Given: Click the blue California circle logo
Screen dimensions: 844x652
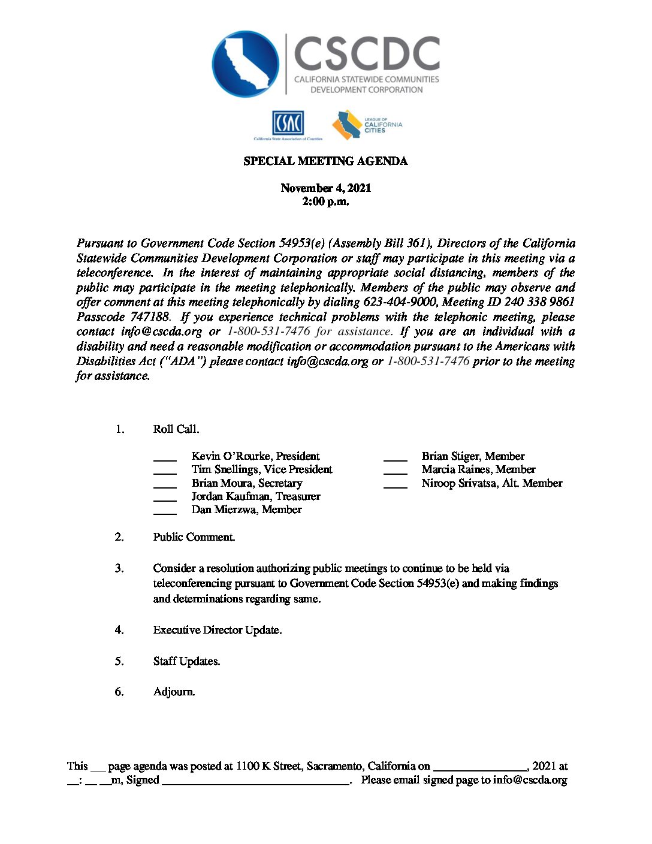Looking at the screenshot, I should pos(246,64).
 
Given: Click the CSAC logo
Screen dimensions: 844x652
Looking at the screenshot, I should pos(288,124).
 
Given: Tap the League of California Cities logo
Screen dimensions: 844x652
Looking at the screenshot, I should pos(367,125).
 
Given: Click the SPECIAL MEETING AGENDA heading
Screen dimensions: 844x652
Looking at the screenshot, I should pos(325,161).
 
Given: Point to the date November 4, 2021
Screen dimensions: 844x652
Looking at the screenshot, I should pos(325,188).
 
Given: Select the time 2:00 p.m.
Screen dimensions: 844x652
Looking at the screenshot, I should pos(325,202).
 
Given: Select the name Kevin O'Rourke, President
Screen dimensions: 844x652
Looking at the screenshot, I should pos(255,456).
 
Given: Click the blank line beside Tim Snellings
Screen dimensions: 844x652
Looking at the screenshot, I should pos(165,473).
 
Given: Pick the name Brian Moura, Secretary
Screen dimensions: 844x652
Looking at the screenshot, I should pos(246,483).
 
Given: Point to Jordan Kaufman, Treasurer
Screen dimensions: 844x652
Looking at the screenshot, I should pos(255,496).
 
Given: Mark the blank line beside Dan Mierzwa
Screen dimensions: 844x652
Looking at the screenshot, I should pos(165,513).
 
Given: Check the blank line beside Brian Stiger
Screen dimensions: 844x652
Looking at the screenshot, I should pos(395,460).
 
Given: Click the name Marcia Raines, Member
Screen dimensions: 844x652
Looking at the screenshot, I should pos(478,469).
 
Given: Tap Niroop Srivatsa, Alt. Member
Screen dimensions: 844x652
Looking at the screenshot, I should pos(491,483).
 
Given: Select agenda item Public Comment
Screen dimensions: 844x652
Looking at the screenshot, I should pos(194,537).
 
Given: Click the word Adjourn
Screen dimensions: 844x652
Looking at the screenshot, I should pos(174,692).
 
